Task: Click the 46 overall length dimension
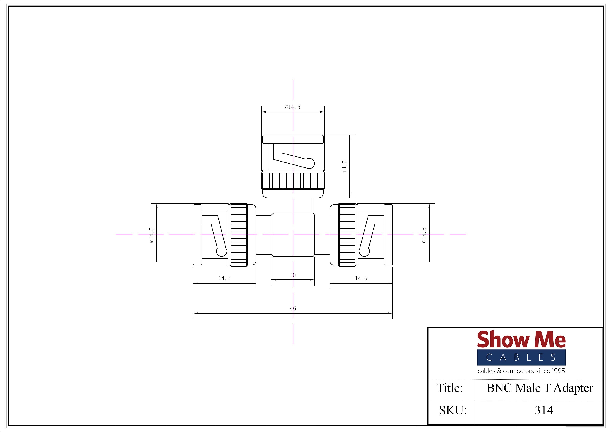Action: [x=293, y=308]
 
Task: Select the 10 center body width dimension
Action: [x=293, y=275]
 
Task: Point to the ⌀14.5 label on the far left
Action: [x=151, y=235]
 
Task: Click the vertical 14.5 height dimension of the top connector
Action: [x=344, y=166]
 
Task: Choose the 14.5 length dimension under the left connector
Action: [x=224, y=278]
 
